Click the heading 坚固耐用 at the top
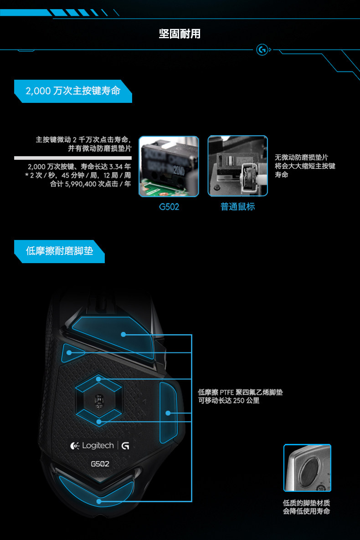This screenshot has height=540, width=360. (x=180, y=34)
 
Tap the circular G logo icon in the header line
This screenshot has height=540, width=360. (x=262, y=50)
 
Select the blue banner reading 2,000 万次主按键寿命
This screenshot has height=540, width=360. (x=73, y=91)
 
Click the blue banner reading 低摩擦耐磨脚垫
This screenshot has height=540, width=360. (x=59, y=251)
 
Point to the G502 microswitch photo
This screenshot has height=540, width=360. (x=169, y=166)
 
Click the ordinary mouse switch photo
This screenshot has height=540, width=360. (x=237, y=166)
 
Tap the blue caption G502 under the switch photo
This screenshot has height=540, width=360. (x=169, y=207)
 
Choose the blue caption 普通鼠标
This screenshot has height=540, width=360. (x=237, y=207)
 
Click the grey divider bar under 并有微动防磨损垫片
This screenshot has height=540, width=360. (x=73, y=158)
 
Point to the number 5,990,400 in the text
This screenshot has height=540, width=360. (x=80, y=184)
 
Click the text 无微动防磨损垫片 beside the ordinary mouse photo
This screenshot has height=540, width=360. (x=301, y=158)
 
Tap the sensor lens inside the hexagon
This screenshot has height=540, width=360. (x=99, y=401)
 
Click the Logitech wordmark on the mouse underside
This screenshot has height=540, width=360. (x=98, y=445)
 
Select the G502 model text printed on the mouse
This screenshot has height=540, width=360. (x=100, y=464)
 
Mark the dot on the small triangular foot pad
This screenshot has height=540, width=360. (x=69, y=353)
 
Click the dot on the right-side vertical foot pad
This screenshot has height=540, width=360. (x=168, y=413)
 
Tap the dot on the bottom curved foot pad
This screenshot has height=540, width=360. (x=99, y=501)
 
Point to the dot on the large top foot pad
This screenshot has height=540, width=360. (x=123, y=334)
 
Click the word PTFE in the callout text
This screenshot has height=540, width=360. (x=227, y=392)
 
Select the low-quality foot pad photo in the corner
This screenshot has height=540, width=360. (x=307, y=468)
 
